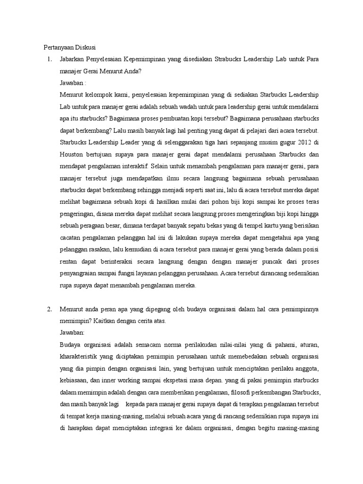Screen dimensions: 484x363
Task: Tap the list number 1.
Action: [x=47, y=60]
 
